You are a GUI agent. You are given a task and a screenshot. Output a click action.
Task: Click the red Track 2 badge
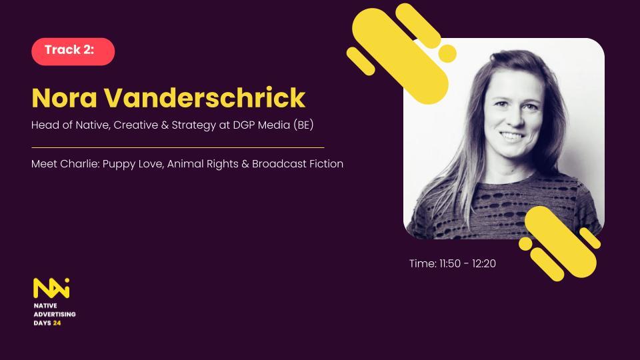pos(73,51)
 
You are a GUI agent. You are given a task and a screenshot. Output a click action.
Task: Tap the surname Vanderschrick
pos(205,97)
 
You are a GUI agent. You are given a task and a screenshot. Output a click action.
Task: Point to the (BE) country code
pos(303,125)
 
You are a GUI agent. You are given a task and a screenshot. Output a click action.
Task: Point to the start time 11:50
pos(450,264)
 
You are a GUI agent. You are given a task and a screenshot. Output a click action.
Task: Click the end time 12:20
pos(484,264)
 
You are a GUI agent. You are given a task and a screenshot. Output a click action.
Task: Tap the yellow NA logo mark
pos(51,288)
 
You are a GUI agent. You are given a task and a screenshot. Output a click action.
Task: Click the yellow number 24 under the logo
pos(57,323)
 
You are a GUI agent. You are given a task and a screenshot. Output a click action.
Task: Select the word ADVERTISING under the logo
pos(55,314)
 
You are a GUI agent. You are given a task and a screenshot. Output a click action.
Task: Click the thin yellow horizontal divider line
pos(178,147)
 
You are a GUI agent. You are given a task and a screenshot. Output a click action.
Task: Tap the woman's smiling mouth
pos(513,135)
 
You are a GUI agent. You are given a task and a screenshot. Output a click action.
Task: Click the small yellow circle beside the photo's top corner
pos(447,53)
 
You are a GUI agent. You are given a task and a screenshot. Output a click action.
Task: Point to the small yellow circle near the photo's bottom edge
pos(525,244)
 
